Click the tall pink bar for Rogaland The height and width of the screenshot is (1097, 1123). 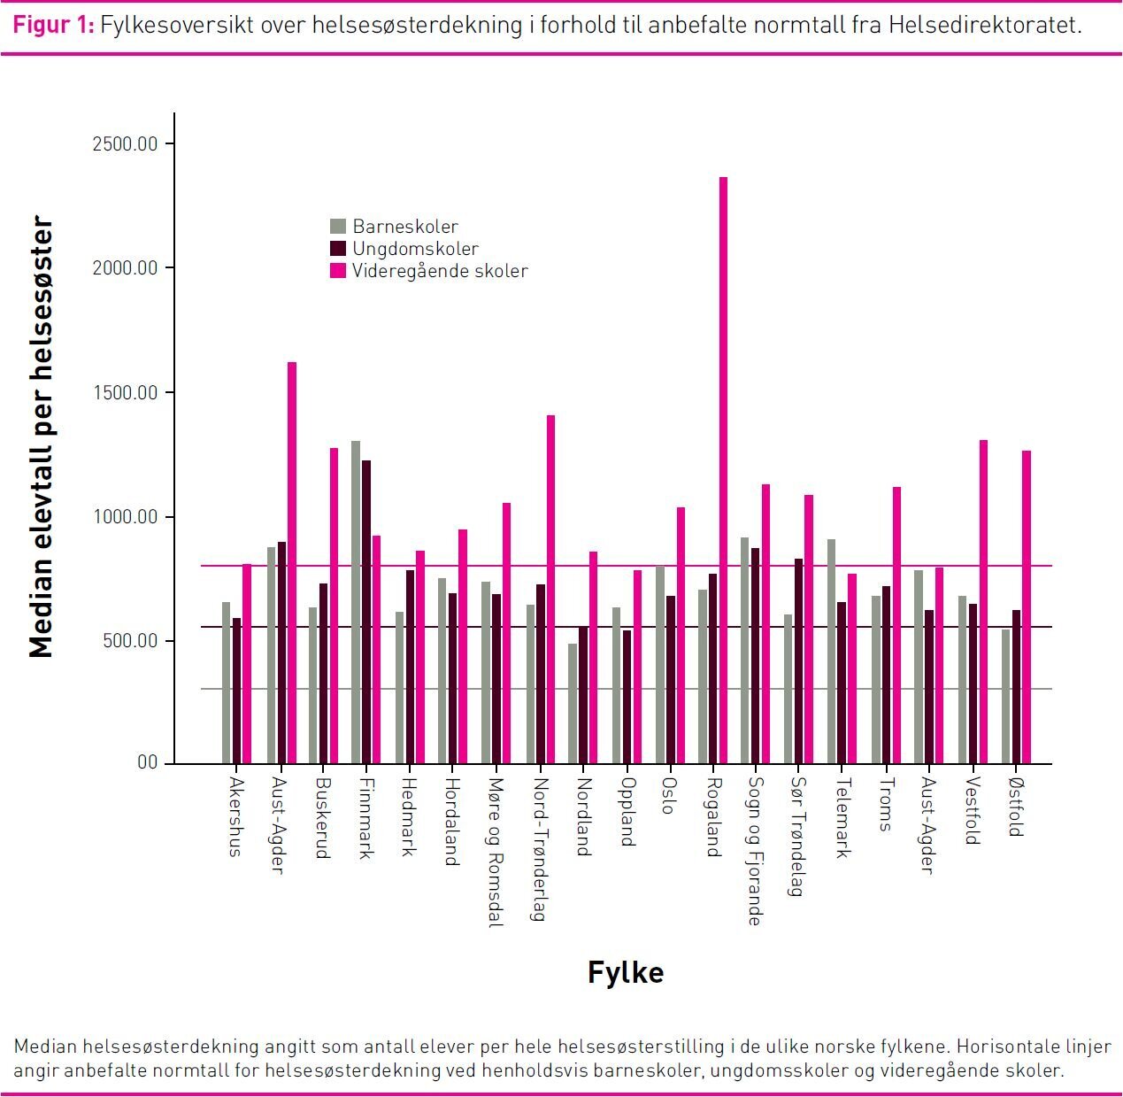coord(723,469)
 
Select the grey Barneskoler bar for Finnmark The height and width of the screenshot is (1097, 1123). coord(356,602)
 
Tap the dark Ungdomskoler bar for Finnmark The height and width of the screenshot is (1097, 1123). coord(366,611)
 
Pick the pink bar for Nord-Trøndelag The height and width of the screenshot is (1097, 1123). coord(550,589)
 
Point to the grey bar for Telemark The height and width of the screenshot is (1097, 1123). coord(831,651)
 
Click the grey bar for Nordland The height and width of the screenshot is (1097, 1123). coord(573,703)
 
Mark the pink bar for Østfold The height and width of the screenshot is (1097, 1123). coord(1027,606)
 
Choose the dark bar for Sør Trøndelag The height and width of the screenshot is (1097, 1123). coord(798,661)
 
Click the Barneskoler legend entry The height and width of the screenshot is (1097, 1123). coord(395,227)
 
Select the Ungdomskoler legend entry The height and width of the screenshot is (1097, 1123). coord(404,249)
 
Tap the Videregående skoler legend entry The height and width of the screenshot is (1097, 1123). coord(429,271)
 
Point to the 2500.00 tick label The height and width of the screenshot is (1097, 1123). coord(125,144)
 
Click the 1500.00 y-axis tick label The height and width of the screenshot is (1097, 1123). coord(125,393)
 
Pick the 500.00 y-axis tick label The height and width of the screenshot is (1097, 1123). coord(130,641)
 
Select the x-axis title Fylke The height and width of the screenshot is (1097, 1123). coord(626,973)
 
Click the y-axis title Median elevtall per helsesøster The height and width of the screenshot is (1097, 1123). coord(42,437)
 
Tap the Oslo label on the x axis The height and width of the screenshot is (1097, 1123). coord(669,796)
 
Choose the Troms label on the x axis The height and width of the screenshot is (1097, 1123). coord(885,804)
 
